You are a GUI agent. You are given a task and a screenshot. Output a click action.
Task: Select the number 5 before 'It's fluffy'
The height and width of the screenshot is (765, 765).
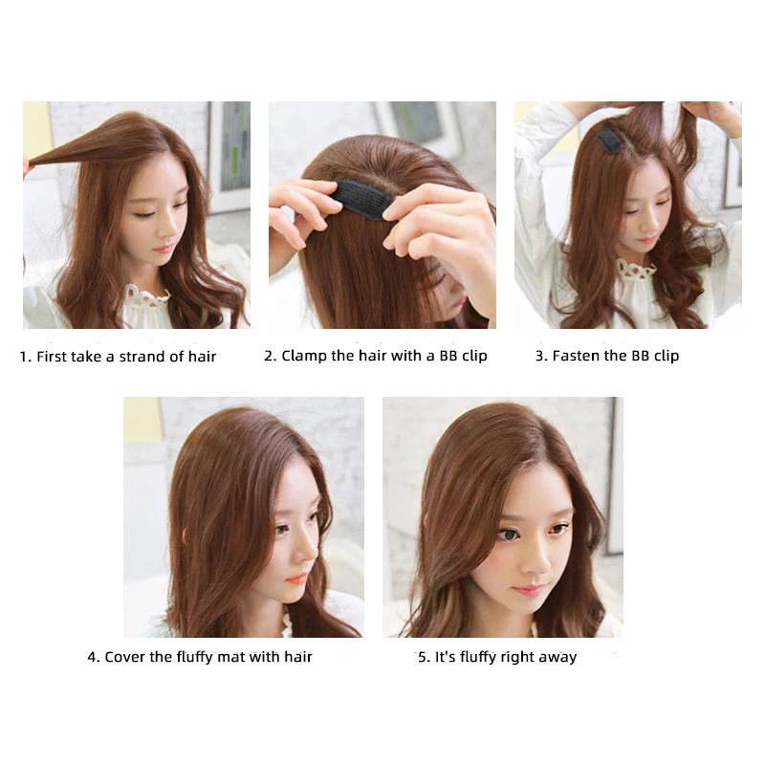(x=422, y=657)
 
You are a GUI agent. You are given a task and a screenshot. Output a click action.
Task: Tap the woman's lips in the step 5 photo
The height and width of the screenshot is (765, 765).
(x=527, y=590)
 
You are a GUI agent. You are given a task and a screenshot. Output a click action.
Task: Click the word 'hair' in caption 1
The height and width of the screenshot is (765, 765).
(x=201, y=357)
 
